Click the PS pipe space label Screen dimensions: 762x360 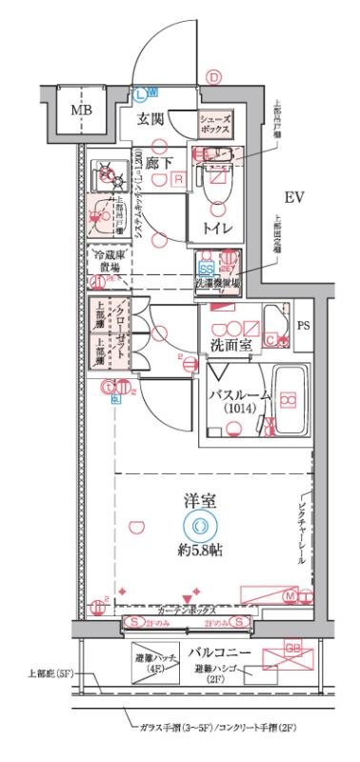(x=304, y=326)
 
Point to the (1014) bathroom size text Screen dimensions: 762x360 (x=240, y=409)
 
